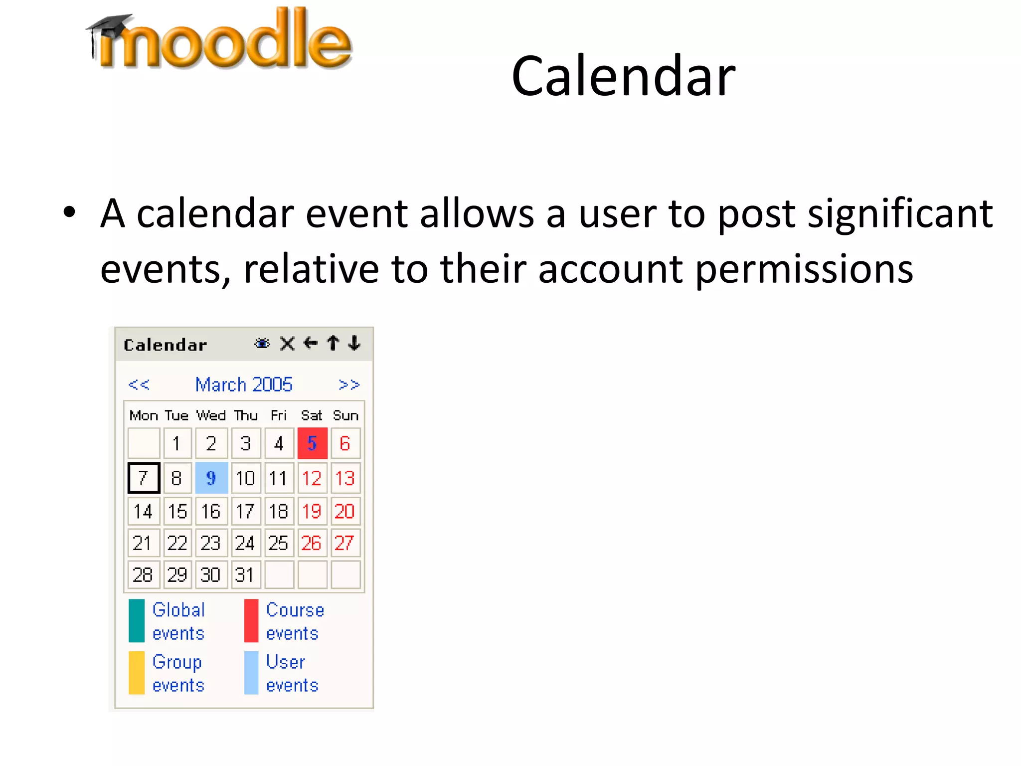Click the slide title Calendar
[x=623, y=77]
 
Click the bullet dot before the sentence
[x=69, y=212]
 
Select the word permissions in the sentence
[x=804, y=269]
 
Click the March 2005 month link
[x=243, y=385]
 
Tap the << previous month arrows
[x=138, y=385]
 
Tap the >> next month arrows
[x=348, y=385]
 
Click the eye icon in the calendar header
[x=262, y=344]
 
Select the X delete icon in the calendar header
[x=287, y=344]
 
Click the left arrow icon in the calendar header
[x=310, y=343]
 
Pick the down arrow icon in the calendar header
[x=354, y=343]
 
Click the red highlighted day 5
[x=312, y=443]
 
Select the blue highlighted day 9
[x=211, y=478]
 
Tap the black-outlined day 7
[x=144, y=478]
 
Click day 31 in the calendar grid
[x=245, y=575]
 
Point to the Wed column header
[x=211, y=415]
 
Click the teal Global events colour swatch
[x=137, y=620]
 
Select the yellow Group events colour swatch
[x=137, y=673]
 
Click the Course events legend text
[x=294, y=621]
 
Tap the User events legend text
[x=292, y=673]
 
